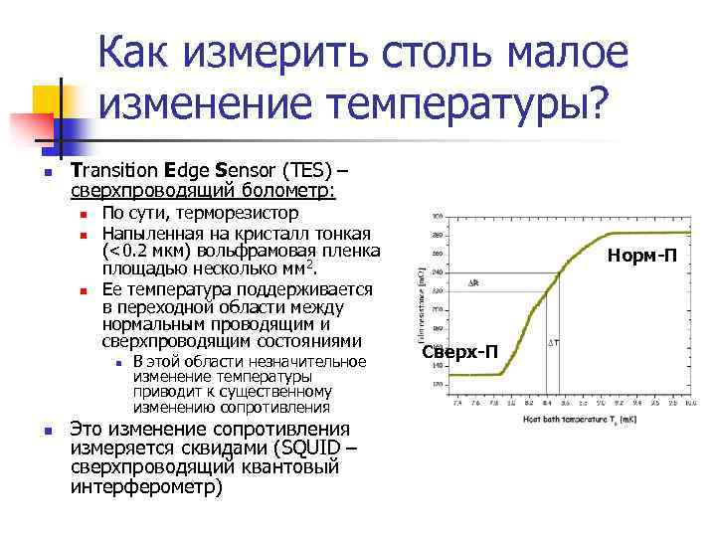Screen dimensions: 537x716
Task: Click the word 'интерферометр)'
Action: coord(147,488)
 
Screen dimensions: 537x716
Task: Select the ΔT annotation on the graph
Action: coord(554,343)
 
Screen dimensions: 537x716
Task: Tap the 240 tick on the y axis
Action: coord(439,271)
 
